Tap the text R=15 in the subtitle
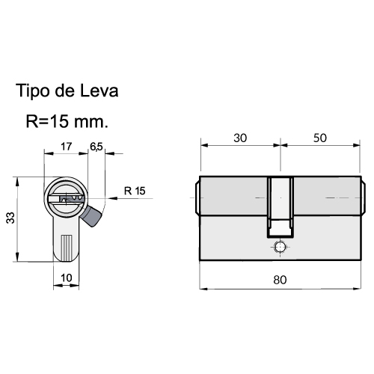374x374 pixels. (47, 121)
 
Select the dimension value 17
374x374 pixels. (67, 147)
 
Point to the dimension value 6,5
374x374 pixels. (96, 147)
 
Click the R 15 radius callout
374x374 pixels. (135, 191)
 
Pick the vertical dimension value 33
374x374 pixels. (10, 218)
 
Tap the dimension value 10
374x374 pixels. (67, 278)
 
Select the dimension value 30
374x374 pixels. (240, 138)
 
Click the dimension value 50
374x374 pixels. (320, 138)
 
